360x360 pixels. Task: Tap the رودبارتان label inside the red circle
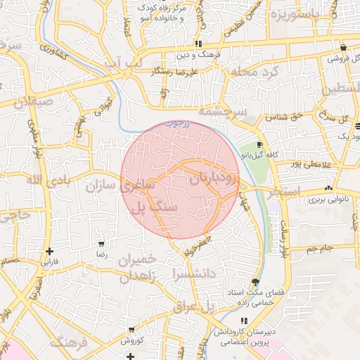(x=214, y=180)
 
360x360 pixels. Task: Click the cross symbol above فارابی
(x=49, y=251)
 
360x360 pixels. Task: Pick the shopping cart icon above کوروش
(x=131, y=330)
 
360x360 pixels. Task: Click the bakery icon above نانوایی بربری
(x=328, y=188)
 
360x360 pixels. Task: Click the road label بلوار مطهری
(x=33, y=132)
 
